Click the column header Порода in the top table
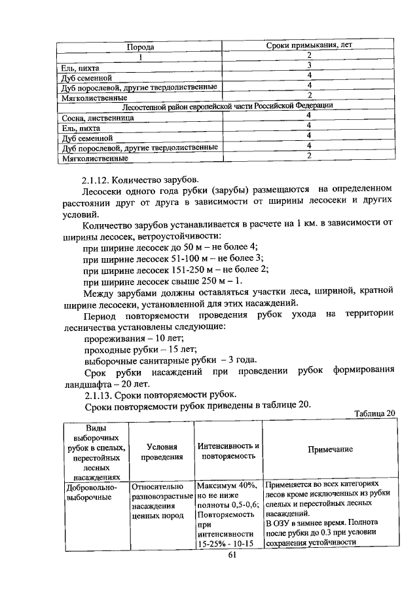[x=140, y=48]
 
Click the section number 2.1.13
[x=101, y=395]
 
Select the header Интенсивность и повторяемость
[x=228, y=451]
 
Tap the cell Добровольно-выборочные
[x=91, y=492]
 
